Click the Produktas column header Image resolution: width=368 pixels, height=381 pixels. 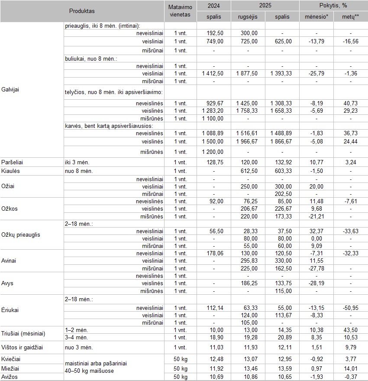[x=82, y=11]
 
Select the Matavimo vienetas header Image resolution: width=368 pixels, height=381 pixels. [x=180, y=11]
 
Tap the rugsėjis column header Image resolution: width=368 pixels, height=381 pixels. [x=248, y=17]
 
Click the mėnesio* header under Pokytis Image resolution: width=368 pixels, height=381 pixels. [x=316, y=17]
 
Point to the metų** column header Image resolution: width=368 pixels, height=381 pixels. [x=350, y=17]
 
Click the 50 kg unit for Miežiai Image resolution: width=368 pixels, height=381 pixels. [x=181, y=368]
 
